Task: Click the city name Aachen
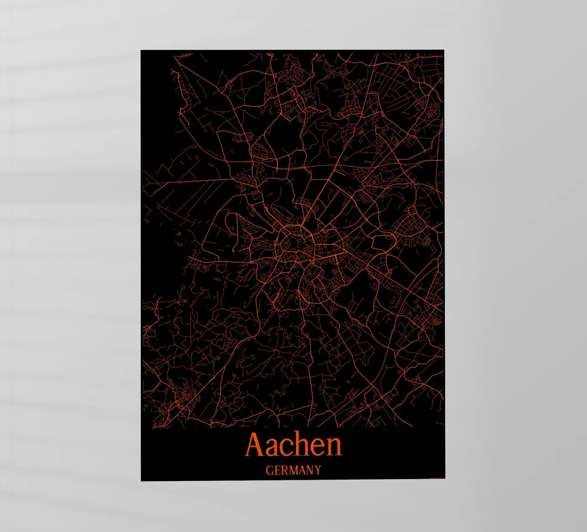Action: click(x=293, y=445)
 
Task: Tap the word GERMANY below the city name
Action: click(x=293, y=470)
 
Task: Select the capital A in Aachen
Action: click(x=255, y=445)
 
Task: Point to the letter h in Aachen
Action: click(x=304, y=445)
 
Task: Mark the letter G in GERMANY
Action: click(x=270, y=470)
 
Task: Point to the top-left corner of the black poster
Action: click(x=141, y=50)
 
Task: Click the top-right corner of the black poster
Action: click(x=444, y=50)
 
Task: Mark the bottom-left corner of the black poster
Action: click(x=141, y=480)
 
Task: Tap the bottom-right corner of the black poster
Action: click(x=444, y=478)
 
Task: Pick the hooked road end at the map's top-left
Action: click(x=173, y=74)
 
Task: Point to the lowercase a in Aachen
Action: click(x=273, y=448)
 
